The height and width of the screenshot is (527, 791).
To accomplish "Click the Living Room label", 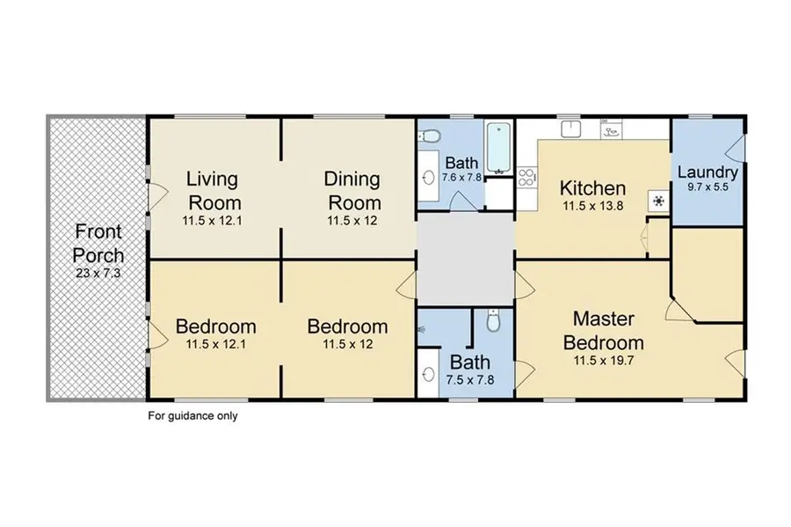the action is tap(214, 191).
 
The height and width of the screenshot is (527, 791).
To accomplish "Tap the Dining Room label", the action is tap(352, 191).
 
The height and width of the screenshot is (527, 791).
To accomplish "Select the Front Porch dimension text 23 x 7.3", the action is tap(98, 273).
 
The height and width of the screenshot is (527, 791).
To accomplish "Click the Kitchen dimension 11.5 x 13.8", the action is tap(592, 206).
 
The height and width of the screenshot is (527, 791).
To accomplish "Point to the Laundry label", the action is tap(708, 172).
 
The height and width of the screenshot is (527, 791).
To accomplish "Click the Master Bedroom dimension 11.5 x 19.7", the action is tap(603, 361).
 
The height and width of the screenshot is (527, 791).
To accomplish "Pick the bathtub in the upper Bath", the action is tap(499, 148).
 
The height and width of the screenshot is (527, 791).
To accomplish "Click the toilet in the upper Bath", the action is tap(430, 135).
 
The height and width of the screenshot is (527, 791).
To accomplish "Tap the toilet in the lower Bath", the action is tap(493, 321).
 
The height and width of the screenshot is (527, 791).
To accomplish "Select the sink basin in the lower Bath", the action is tap(429, 375).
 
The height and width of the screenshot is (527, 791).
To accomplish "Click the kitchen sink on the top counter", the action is tap(571, 128).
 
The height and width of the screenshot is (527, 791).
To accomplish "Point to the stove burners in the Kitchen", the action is tap(526, 177).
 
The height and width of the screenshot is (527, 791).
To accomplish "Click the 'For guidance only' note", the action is tap(192, 416).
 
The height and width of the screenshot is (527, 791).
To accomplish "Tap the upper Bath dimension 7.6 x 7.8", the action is tap(461, 178).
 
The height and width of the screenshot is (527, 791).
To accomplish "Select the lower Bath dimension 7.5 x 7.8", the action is tap(469, 379).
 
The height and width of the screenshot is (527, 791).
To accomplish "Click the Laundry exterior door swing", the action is tap(735, 147).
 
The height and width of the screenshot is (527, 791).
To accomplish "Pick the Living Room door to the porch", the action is tap(157, 197).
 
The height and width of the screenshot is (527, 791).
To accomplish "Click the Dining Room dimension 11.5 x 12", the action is tap(352, 221).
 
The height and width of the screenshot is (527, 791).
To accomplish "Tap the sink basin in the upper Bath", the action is tap(429, 177).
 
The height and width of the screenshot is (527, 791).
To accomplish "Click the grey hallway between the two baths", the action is tap(465, 259).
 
